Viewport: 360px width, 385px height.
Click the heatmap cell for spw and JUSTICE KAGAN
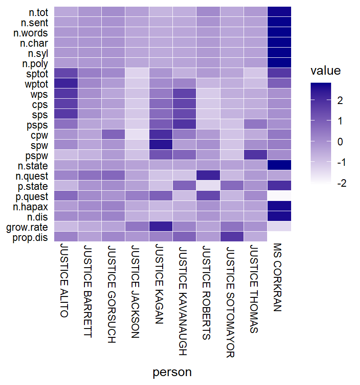(x=160, y=144)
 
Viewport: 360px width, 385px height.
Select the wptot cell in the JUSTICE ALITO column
(x=66, y=83)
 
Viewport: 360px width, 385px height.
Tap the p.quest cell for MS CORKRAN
(x=279, y=196)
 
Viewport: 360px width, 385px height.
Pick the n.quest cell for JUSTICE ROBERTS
(x=208, y=175)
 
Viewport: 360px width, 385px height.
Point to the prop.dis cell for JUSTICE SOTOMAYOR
(x=232, y=237)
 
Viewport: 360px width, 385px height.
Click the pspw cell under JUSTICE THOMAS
(x=256, y=155)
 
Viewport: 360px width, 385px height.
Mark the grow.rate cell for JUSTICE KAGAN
(x=160, y=226)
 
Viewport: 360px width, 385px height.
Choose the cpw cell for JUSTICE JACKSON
(x=137, y=134)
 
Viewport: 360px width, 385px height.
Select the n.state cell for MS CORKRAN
(x=279, y=165)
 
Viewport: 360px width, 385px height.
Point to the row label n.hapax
(x=35, y=206)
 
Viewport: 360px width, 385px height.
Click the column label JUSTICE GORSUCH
(x=112, y=294)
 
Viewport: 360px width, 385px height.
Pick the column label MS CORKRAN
(x=278, y=277)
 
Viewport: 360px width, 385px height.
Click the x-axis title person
(x=172, y=373)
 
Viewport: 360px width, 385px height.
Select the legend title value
(x=325, y=71)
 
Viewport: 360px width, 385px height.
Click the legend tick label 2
(x=340, y=101)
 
